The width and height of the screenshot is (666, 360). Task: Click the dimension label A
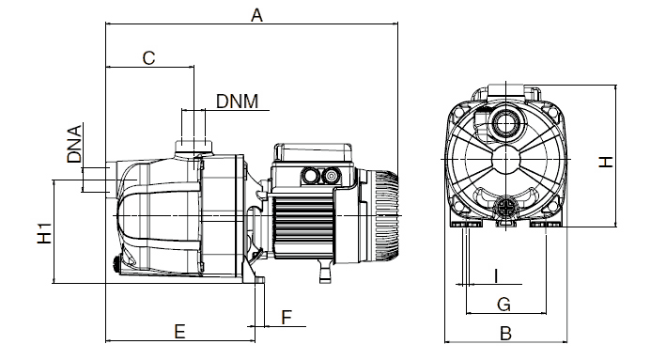(x=256, y=15)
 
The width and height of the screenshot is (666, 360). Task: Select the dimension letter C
(x=148, y=58)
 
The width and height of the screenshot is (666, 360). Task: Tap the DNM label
(x=237, y=102)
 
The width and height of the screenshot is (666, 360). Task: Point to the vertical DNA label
(x=74, y=144)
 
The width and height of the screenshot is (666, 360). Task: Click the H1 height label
(x=44, y=233)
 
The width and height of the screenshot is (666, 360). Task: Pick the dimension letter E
(x=179, y=331)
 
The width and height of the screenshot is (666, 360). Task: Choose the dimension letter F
(x=287, y=317)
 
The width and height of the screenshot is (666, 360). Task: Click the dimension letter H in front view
(x=606, y=162)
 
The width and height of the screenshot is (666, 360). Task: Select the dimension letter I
(x=496, y=276)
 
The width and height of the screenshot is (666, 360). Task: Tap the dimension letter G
(x=503, y=305)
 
